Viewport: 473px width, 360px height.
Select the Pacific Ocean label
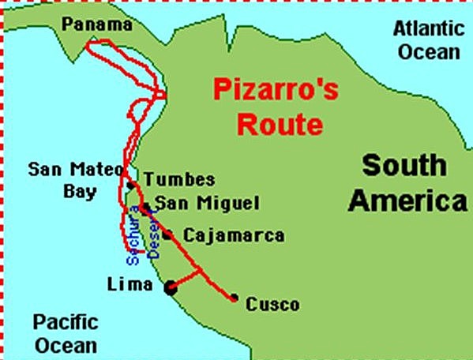click(66, 333)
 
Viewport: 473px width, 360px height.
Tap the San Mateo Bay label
click(74, 180)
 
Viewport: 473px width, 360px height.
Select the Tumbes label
click(179, 180)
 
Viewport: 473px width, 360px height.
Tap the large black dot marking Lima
click(170, 289)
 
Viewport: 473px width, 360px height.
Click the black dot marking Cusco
click(235, 298)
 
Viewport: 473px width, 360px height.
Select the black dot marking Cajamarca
click(167, 234)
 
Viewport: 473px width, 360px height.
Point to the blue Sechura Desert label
click(143, 234)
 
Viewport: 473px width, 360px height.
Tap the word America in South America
click(408, 201)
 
